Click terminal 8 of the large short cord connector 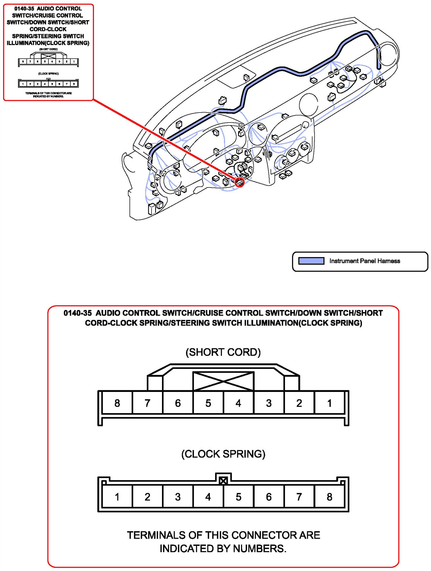(x=117, y=403)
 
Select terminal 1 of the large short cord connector (x=330, y=403)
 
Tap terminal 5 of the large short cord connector (x=208, y=403)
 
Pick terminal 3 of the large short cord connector (x=269, y=403)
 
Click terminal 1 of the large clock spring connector (x=117, y=497)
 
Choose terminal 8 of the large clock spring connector (x=330, y=497)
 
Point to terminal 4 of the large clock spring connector (x=208, y=497)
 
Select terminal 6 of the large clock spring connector (x=269, y=497)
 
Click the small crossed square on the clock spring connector (x=223, y=481)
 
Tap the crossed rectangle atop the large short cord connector (x=223, y=381)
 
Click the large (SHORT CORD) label (x=223, y=352)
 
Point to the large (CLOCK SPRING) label (x=223, y=454)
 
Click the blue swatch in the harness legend (x=311, y=261)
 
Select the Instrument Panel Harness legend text (x=365, y=261)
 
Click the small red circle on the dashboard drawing (x=240, y=182)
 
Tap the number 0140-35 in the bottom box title (x=78, y=313)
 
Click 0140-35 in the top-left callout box (x=24, y=9)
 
